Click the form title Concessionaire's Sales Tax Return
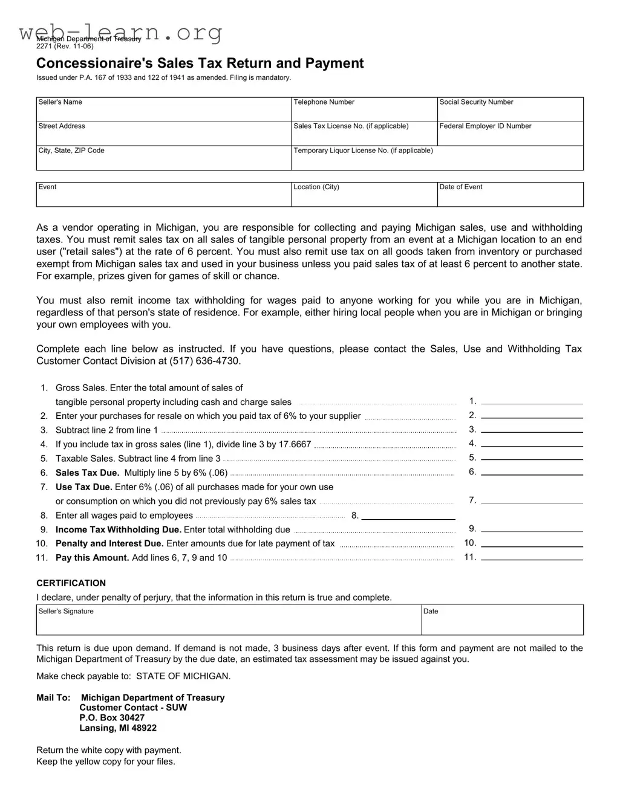(200, 63)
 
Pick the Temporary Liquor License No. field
(437, 160)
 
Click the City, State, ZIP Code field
(163, 160)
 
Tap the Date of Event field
(510, 196)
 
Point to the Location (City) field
(364, 196)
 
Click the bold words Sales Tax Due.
(87, 473)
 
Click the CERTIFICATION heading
(71, 583)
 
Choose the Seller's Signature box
(229, 621)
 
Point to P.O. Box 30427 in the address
(112, 718)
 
